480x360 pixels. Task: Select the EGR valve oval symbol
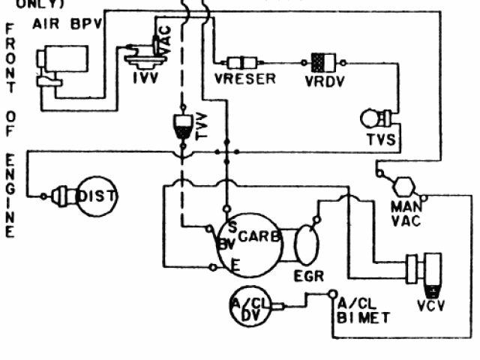(x=307, y=244)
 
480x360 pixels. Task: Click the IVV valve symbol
(x=142, y=56)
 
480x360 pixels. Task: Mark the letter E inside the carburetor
(x=235, y=265)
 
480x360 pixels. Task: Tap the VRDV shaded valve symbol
(x=324, y=61)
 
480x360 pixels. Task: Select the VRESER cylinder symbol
(x=245, y=62)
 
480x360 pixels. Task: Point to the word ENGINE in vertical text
(x=10, y=196)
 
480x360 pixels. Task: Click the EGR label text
(x=309, y=276)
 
